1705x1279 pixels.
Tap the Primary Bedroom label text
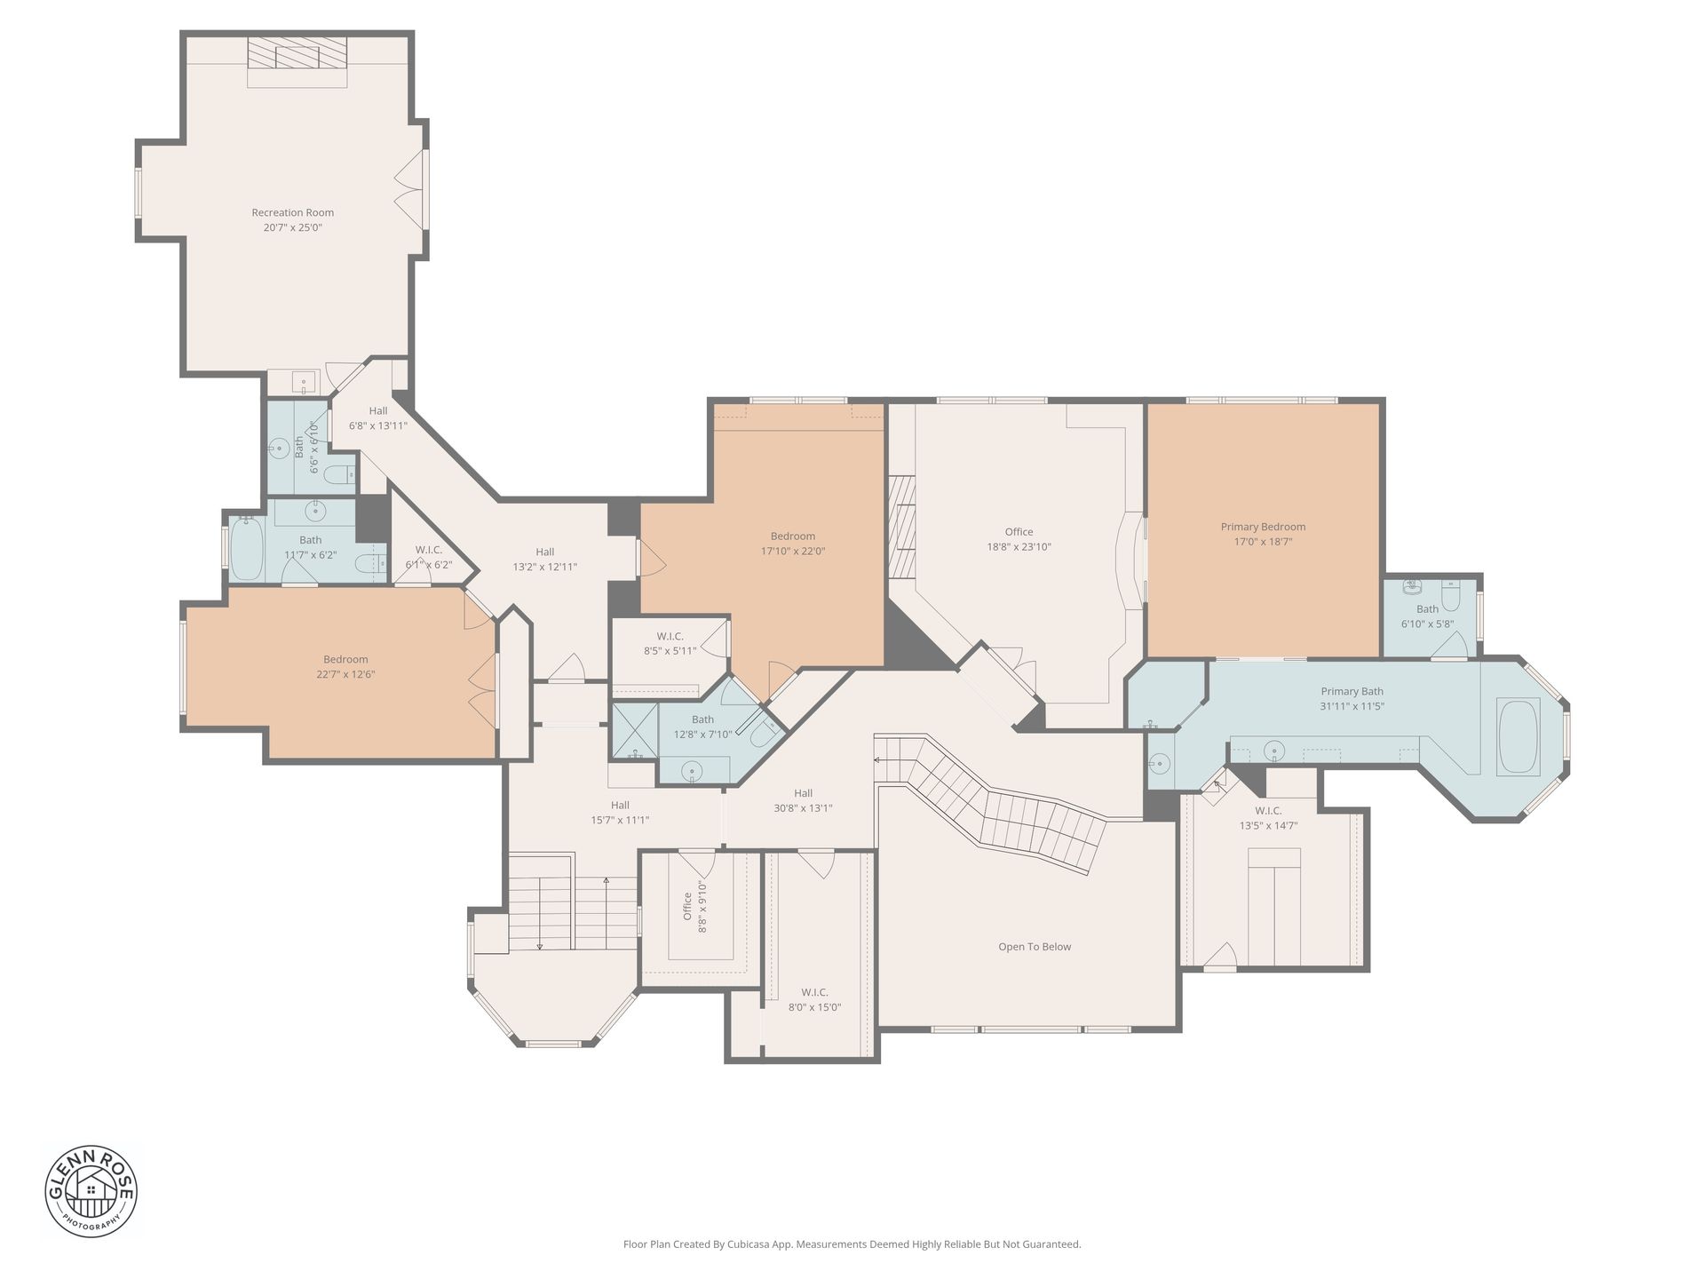1263,527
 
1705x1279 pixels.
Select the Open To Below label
1035,947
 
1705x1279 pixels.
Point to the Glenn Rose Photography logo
91,1190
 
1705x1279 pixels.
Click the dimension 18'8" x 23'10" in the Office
1019,547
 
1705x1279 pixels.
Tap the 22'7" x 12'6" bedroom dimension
345,674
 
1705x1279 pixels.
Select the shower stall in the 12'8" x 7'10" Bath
635,730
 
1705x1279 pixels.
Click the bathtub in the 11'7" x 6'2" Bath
247,548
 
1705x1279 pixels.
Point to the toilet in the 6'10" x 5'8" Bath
1450,596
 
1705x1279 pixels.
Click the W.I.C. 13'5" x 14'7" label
1268,818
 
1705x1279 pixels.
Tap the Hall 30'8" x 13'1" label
803,800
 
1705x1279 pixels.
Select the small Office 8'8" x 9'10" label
694,906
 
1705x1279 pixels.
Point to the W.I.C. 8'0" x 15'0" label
814,999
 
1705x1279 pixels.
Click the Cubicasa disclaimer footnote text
852,1244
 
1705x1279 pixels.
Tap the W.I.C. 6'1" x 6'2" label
429,557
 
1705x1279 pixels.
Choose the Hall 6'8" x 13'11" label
378,418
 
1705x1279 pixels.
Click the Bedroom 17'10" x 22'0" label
793,544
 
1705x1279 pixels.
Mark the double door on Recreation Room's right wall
411,189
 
